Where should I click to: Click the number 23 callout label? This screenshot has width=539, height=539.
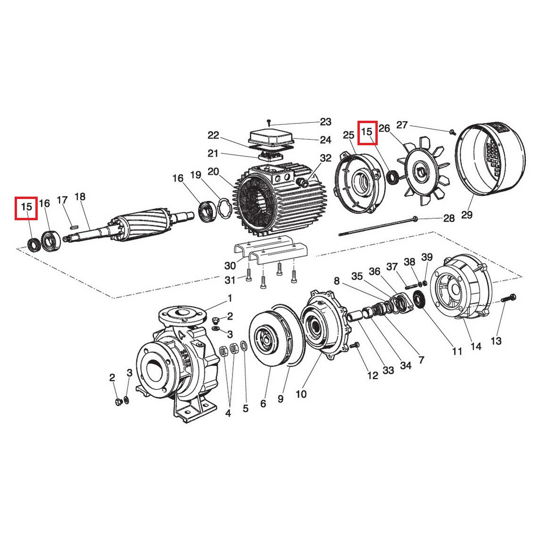point(325,122)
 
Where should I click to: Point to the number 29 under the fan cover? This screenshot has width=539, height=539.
point(466,215)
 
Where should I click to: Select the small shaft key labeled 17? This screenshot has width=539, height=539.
point(74,226)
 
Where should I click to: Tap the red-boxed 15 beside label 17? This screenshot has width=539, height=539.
point(26,207)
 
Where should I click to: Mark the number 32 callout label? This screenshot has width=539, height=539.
point(326,158)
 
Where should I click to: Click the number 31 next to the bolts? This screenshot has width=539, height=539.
point(230,280)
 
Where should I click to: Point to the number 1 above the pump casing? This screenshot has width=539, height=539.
point(230,298)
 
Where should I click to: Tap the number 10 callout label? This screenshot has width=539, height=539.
point(301,393)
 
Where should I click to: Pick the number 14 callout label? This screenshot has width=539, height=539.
point(476,347)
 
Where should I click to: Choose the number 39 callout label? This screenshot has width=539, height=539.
point(427,257)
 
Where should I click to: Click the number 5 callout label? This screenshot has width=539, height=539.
point(245,408)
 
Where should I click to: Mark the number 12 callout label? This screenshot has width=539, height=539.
point(373,375)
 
